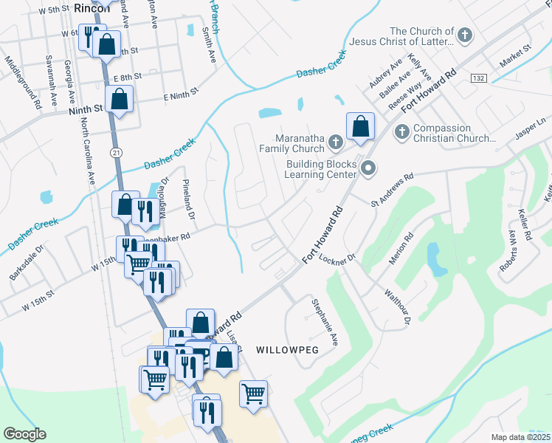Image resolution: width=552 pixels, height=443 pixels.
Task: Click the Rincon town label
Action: pyautogui.click(x=92, y=8)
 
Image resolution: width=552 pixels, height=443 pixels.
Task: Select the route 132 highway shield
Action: pyautogui.click(x=478, y=78)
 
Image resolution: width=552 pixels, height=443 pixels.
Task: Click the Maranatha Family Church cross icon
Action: pyautogui.click(x=335, y=140)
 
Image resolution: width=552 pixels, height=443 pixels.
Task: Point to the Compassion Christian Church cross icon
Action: pyautogui.click(x=402, y=132)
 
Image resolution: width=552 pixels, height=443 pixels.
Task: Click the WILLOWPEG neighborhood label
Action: pyautogui.click(x=287, y=348)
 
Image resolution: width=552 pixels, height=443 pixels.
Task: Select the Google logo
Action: pyautogui.click(x=24, y=433)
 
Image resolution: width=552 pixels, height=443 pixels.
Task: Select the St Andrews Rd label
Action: pyautogui.click(x=393, y=189)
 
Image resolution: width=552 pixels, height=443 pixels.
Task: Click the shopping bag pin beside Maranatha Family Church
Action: pyautogui.click(x=360, y=126)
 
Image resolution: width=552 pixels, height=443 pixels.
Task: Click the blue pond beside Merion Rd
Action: pyautogui.click(x=437, y=263)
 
